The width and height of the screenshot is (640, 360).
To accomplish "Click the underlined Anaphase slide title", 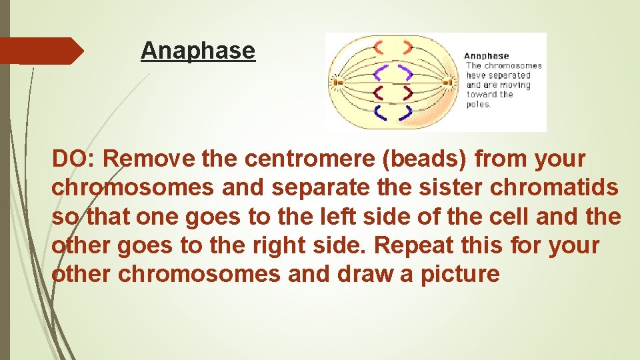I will click(198, 51).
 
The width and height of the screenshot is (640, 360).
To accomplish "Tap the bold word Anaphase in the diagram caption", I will click(486, 56).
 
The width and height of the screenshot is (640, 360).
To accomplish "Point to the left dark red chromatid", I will click(379, 93).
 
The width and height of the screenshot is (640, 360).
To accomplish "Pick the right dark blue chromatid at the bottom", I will click(404, 113).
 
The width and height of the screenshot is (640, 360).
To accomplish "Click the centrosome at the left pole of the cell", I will click(337, 82).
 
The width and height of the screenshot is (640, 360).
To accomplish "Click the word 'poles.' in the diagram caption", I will click(478, 104).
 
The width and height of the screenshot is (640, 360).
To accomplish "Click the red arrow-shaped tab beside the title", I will click(41, 51).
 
